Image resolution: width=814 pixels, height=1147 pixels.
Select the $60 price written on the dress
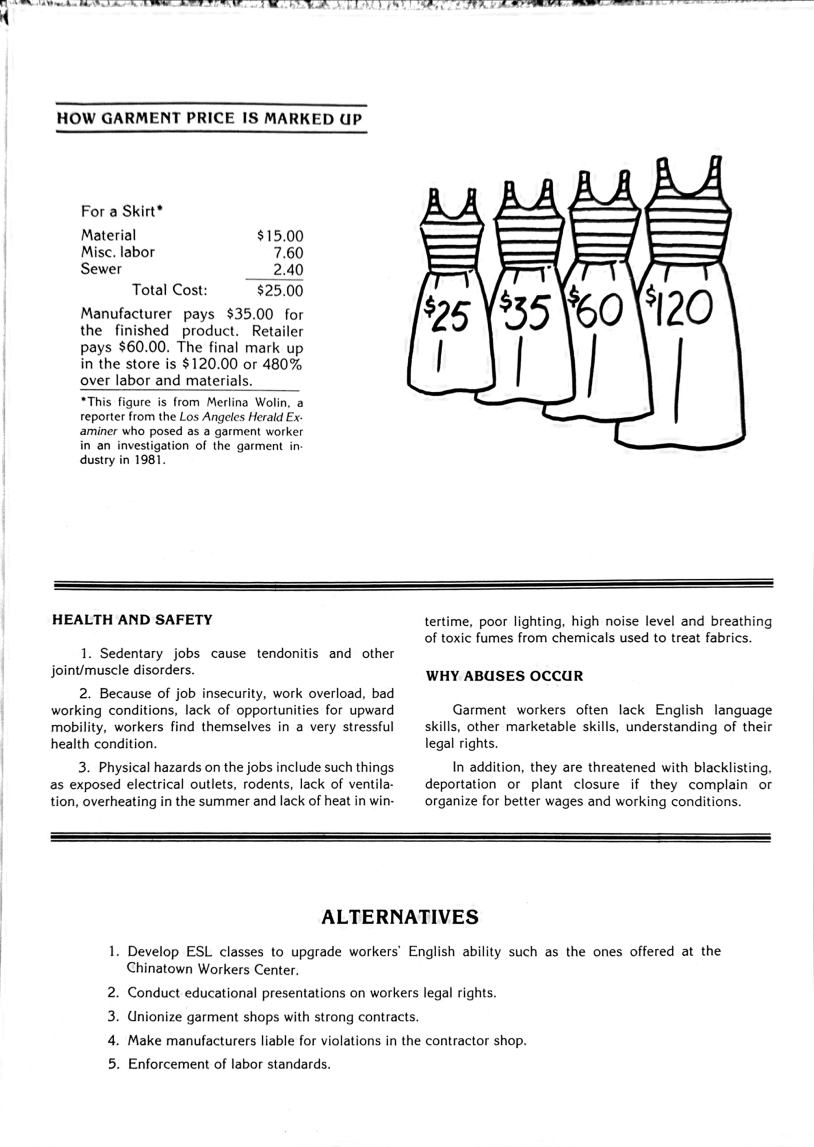tap(595, 310)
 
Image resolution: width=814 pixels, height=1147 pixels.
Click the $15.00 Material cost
tap(280, 236)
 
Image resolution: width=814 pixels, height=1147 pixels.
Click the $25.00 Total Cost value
tap(280, 291)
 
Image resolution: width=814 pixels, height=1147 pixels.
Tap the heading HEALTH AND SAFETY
tap(132, 620)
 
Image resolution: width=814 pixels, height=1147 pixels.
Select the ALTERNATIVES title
tap(400, 916)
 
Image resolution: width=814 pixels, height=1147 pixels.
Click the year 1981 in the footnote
tap(150, 461)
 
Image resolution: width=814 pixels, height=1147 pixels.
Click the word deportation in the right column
tap(461, 785)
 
